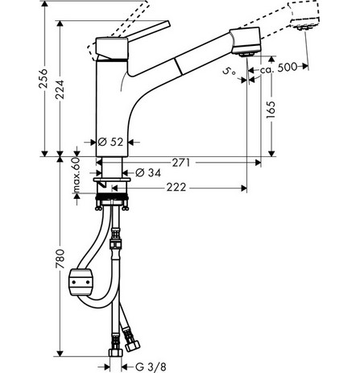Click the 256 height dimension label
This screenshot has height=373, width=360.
coord(43,78)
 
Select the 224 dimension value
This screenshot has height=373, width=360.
coord(60,89)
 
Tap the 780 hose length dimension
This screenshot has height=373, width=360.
coord(60,259)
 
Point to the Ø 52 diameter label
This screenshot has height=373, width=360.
coord(110,142)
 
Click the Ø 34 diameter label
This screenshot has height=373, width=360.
coord(148,172)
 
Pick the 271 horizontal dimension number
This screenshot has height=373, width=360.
coord(181,163)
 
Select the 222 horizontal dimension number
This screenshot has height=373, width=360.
coord(176,187)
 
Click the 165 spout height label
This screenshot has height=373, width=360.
coord(271,110)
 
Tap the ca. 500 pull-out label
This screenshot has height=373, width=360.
coord(279,68)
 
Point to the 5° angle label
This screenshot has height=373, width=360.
coord(230,72)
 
